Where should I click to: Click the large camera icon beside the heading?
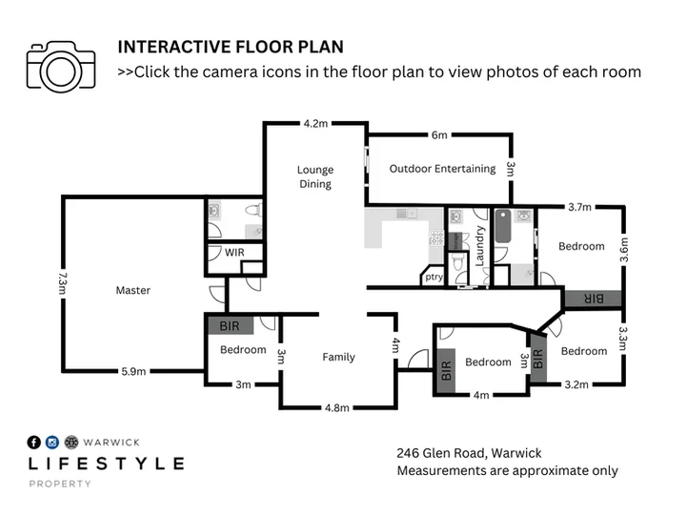point(61,67)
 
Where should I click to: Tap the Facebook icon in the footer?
point(33,443)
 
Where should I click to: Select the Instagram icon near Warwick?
point(52,443)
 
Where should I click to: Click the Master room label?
point(133,290)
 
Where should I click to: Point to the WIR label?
point(234,253)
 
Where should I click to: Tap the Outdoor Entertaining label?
point(442,169)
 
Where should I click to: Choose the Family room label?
point(338,358)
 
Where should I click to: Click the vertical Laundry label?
point(480,246)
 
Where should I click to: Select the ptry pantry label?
point(434,277)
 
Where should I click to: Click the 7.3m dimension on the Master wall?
point(63,283)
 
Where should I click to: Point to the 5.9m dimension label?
point(133,372)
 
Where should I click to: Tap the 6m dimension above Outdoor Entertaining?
point(439,135)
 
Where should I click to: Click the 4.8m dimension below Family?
point(337,408)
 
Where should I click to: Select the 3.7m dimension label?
point(579,207)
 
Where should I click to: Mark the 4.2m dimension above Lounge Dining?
point(315,124)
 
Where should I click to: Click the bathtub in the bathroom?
point(503,226)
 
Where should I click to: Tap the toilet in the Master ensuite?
point(253,210)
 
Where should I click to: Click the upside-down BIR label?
point(594,299)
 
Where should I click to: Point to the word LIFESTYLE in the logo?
point(107,463)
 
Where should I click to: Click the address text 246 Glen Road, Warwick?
point(469,453)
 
